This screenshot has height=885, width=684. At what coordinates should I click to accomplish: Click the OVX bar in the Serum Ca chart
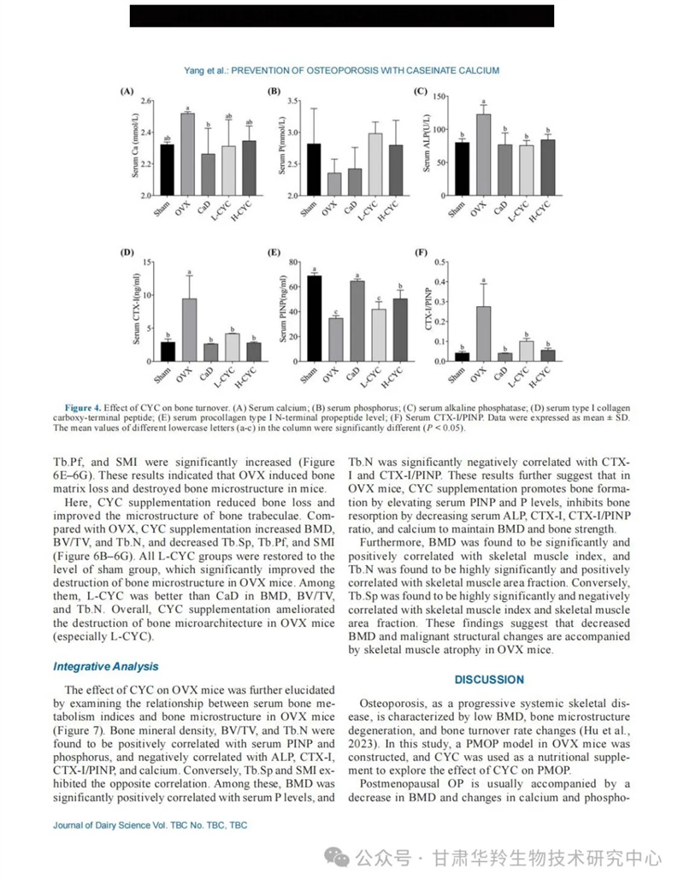187,154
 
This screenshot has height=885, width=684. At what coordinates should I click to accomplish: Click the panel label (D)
126,252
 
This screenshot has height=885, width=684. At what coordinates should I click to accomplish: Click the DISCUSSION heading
489,680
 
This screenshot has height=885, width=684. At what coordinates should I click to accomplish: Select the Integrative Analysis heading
105,666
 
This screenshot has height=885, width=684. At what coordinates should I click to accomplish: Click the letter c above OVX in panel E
336,312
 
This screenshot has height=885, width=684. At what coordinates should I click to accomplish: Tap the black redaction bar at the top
342,15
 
